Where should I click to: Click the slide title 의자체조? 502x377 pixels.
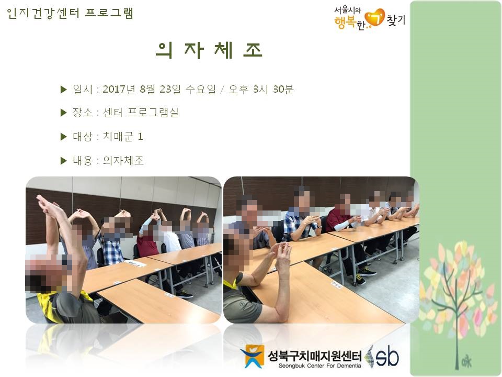click(x=209, y=50)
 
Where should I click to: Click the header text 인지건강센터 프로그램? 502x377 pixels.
click(x=70, y=13)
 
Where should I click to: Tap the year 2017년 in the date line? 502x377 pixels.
click(x=119, y=89)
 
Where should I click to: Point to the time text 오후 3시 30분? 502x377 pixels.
click(x=261, y=89)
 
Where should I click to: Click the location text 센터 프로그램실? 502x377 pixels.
click(x=141, y=113)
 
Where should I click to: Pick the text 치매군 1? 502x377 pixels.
click(x=122, y=137)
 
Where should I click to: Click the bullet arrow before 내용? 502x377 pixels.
click(x=63, y=161)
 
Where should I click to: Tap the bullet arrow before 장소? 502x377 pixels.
click(x=63, y=113)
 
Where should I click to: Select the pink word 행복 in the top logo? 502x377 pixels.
click(x=345, y=22)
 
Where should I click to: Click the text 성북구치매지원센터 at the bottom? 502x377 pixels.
click(x=315, y=356)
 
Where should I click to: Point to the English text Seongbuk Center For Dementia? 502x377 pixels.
click(x=320, y=366)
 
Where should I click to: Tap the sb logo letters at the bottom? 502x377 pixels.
click(x=387, y=357)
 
